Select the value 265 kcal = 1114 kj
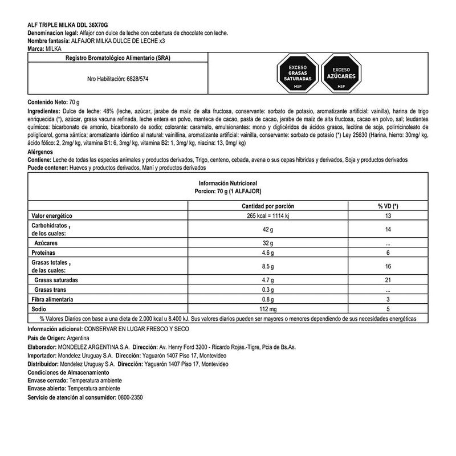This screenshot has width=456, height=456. [268, 217]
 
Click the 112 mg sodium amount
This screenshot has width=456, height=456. [268, 308]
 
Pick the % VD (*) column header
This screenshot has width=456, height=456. [388, 206]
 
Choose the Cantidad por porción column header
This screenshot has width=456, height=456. [268, 206]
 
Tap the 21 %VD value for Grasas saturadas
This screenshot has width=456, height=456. [388, 281]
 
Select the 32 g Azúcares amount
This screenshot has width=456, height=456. [268, 242]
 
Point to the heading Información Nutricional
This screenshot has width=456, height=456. [228, 183]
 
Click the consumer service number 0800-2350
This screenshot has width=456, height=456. [129, 397]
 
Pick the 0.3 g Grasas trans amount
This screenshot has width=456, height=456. [268, 290]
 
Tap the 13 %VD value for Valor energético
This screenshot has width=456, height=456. [388, 217]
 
